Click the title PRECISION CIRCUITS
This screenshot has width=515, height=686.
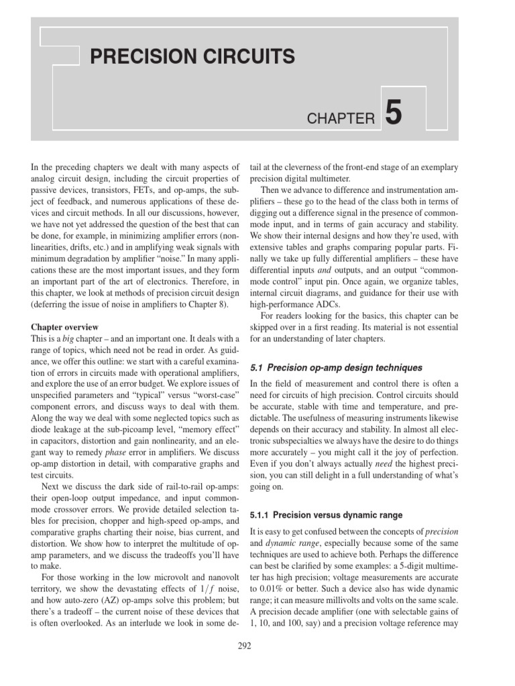192,56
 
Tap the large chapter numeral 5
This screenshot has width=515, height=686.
394,113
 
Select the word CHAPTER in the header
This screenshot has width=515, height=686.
341,119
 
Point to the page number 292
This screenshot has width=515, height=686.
245,646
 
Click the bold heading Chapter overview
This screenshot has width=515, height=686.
65,327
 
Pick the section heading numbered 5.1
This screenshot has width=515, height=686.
335,368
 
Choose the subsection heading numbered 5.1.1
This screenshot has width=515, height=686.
326,515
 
